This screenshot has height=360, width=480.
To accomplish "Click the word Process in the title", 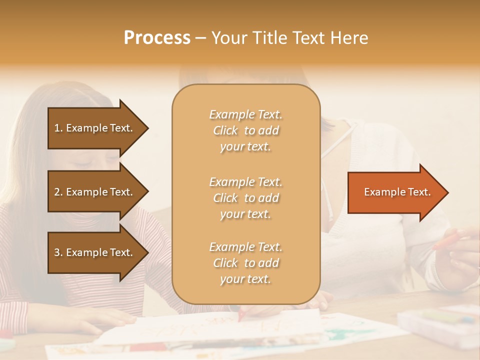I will [157, 38].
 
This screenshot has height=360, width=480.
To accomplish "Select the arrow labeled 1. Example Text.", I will [95, 128].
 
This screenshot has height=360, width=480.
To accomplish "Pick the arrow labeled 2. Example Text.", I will [95, 192].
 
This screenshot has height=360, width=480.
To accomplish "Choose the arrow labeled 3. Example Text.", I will [95, 252].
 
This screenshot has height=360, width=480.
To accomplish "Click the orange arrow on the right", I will [395, 192].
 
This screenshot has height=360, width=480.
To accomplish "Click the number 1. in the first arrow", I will [58, 128].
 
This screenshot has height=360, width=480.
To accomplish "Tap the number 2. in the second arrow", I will [58, 192].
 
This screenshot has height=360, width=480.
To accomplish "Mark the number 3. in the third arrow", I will [58, 252].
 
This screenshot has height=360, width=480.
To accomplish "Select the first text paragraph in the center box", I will [245, 130].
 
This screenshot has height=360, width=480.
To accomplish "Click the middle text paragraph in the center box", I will [245, 198].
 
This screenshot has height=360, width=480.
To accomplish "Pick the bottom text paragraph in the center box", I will [245, 263].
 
